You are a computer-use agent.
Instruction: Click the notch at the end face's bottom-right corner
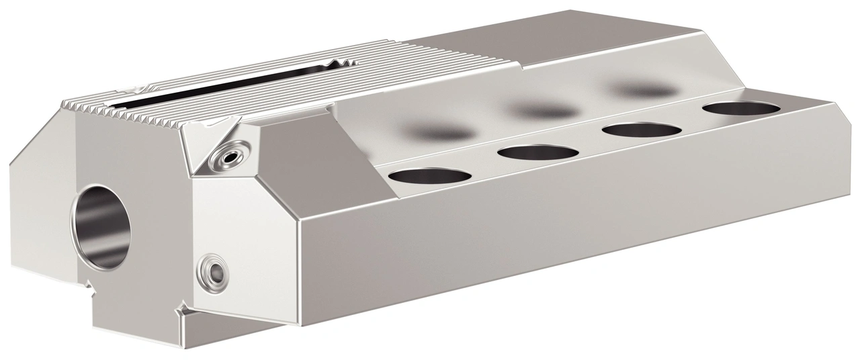click(182, 311)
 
